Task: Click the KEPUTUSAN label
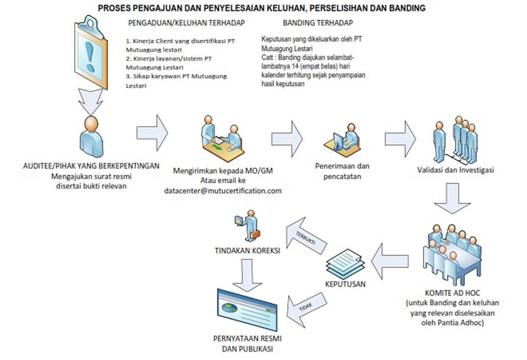point(345,284)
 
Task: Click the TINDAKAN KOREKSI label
point(247,250)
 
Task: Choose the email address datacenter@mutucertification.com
point(223,191)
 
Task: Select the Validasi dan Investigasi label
point(455,171)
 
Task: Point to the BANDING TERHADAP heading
point(317,23)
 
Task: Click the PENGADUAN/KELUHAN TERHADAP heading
point(186,23)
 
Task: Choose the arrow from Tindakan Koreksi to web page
point(247,274)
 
